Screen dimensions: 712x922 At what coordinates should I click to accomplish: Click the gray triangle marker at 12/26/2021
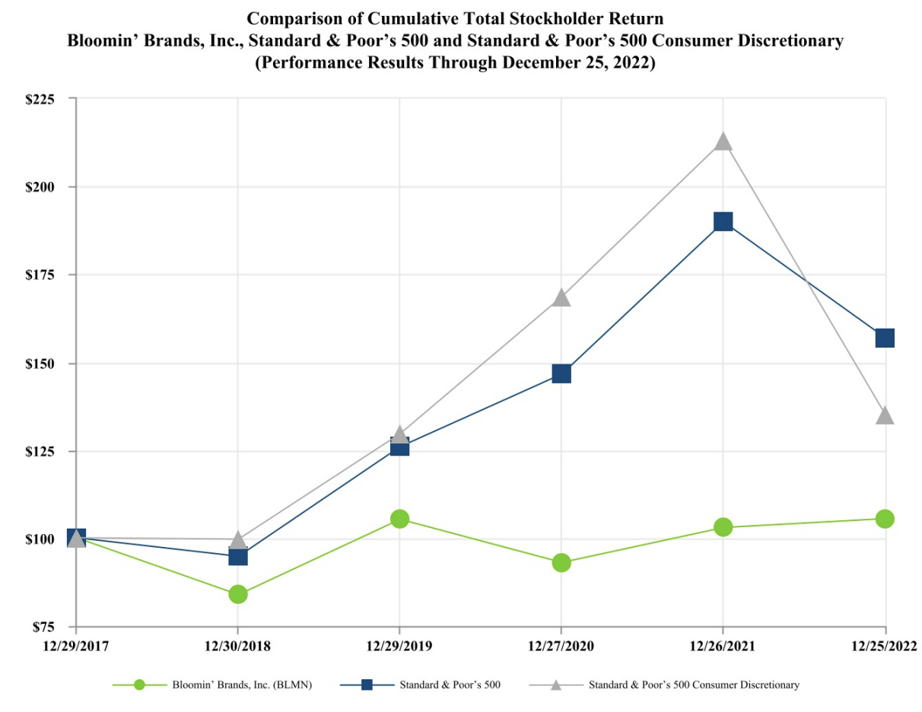pyautogui.click(x=723, y=142)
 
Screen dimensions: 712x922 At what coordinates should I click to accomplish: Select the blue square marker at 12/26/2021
pyautogui.click(x=723, y=221)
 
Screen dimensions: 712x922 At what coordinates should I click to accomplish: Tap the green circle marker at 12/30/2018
pyautogui.click(x=238, y=594)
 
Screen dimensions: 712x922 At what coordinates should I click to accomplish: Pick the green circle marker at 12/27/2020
pyautogui.click(x=561, y=563)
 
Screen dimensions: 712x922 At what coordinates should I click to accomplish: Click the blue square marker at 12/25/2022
pyautogui.click(x=885, y=338)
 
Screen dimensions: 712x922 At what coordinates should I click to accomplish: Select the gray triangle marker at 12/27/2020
pyautogui.click(x=561, y=297)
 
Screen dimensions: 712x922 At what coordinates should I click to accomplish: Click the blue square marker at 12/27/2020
pyautogui.click(x=561, y=373)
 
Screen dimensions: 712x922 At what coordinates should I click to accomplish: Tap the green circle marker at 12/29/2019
pyautogui.click(x=400, y=519)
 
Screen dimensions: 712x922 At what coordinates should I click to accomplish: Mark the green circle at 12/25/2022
pyautogui.click(x=885, y=519)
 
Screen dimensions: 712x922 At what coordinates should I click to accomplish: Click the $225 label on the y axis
pyautogui.click(x=50, y=98)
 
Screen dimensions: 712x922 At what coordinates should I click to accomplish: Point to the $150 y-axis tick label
pyautogui.click(x=50, y=364)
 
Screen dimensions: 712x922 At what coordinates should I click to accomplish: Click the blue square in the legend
pyautogui.click(x=367, y=685)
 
